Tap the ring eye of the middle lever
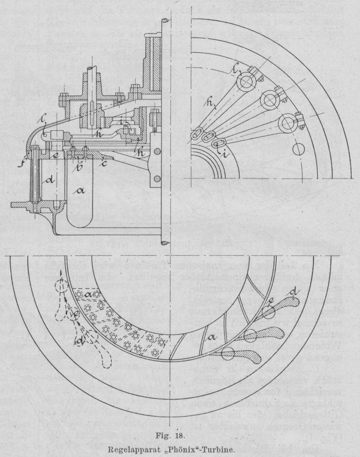[268, 101]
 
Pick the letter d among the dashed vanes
[79, 342]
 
